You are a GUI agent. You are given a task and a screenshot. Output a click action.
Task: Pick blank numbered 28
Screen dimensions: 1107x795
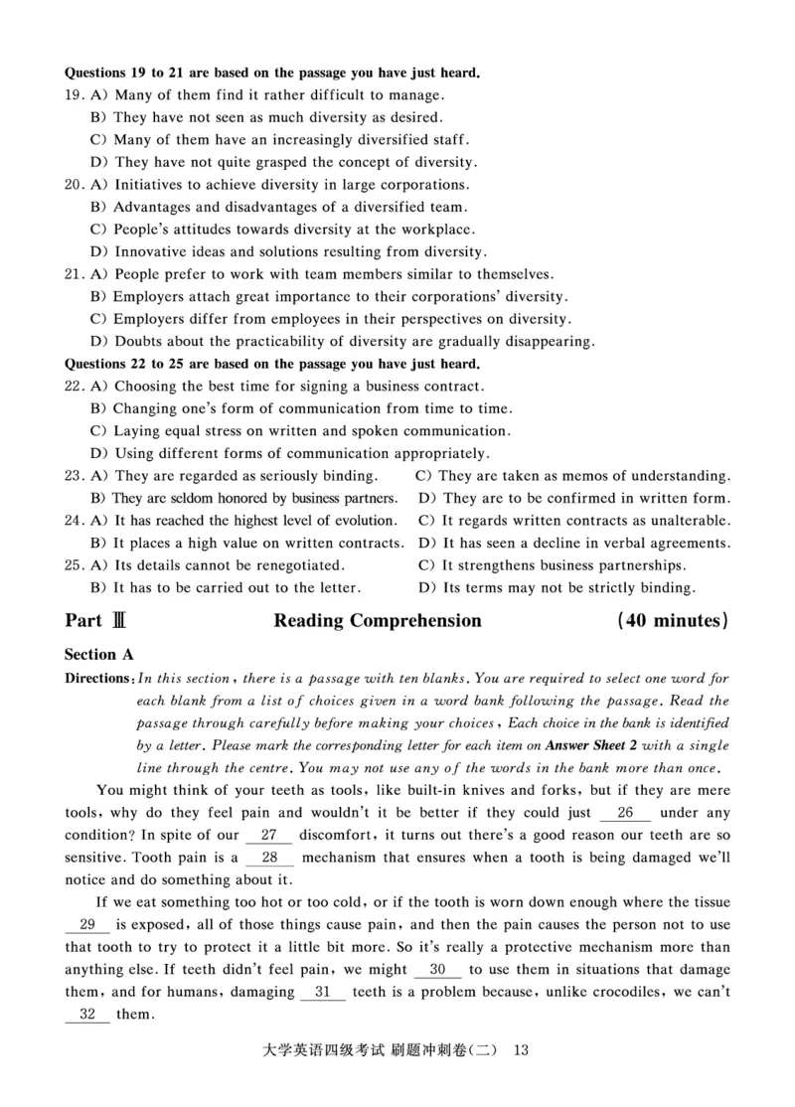pyautogui.click(x=269, y=858)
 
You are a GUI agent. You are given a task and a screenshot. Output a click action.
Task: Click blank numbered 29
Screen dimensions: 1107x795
pyautogui.click(x=87, y=925)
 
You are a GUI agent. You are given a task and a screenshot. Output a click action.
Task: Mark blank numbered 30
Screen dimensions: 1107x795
pyautogui.click(x=437, y=970)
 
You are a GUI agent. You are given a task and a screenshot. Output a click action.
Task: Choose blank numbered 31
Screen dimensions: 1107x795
pyautogui.click(x=322, y=992)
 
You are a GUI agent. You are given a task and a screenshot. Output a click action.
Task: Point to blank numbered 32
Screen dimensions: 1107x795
pyautogui.click(x=87, y=1015)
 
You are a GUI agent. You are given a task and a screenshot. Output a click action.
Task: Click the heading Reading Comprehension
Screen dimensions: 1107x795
pyautogui.click(x=378, y=621)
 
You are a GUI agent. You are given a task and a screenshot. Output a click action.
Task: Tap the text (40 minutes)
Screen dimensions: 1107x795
pyautogui.click(x=673, y=621)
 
